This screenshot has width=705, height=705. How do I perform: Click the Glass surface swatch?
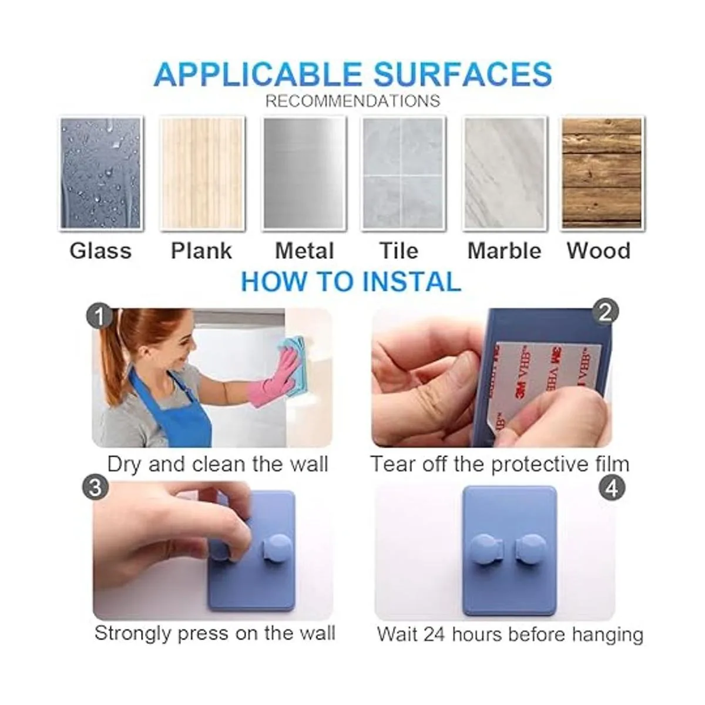(x=100, y=173)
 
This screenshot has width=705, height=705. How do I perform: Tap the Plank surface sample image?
(x=202, y=173)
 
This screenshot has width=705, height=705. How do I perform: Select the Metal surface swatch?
(x=304, y=173)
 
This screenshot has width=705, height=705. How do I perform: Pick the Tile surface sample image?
(x=403, y=173)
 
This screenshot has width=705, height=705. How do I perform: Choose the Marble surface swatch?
(x=505, y=173)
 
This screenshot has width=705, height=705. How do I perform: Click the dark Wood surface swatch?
(x=602, y=173)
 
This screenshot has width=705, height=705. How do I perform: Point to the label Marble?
(x=504, y=251)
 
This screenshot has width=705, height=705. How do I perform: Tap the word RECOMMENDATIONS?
(x=352, y=101)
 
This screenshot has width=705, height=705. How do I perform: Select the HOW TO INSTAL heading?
(x=351, y=282)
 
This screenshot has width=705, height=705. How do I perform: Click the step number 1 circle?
(x=99, y=315)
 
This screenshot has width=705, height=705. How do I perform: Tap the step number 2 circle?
(x=606, y=312)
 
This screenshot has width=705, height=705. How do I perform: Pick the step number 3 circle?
(x=96, y=487)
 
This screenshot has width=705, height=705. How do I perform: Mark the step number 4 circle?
(x=612, y=488)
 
